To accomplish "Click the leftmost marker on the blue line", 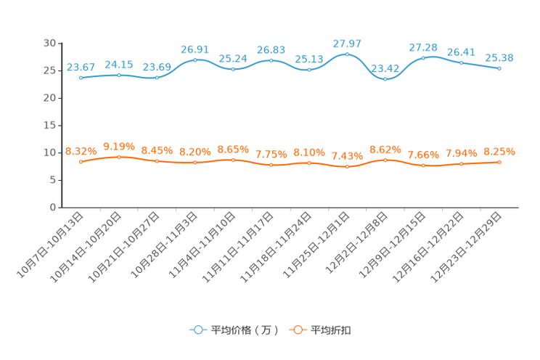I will pyautogui.click(x=81, y=77).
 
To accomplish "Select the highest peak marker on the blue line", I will pyautogui.click(x=347, y=54).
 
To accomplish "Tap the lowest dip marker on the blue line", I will pyautogui.click(x=385, y=78).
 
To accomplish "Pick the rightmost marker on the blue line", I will pyautogui.click(x=499, y=68).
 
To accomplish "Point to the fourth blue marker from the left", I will pyautogui.click(x=195, y=60).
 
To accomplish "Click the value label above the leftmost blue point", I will pyautogui.click(x=81, y=67).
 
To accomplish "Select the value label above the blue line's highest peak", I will pyautogui.click(x=347, y=44).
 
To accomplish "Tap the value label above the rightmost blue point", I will pyautogui.click(x=499, y=58).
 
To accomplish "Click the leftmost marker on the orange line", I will pyautogui.click(x=81, y=161).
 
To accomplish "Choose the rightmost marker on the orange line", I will pyautogui.click(x=499, y=162).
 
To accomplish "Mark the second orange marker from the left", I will pyautogui.click(x=119, y=156).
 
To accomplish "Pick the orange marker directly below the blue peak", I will pyautogui.click(x=347, y=166).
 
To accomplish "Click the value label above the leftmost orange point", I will pyautogui.click(x=81, y=151).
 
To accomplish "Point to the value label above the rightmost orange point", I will pyautogui.click(x=499, y=152).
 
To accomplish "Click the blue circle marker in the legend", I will pyautogui.click(x=197, y=330).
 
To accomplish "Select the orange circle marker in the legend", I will pyautogui.click(x=297, y=330).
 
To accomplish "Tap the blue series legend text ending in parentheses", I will pyautogui.click(x=245, y=330).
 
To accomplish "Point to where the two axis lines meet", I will pyautogui.click(x=59, y=208).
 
